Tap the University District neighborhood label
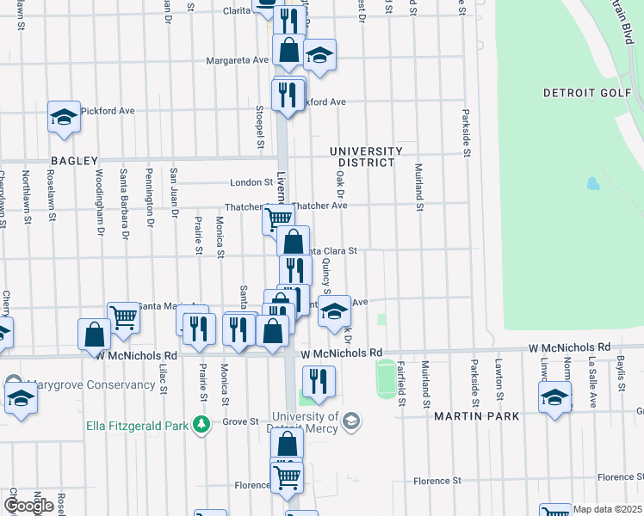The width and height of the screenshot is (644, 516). click(x=366, y=157)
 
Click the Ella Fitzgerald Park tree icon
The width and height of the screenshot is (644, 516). click(x=201, y=424)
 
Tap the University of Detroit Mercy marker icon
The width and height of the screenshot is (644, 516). click(x=350, y=420)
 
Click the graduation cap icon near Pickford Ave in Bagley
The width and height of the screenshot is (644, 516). click(x=64, y=116)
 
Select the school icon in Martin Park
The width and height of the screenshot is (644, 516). click(x=555, y=397)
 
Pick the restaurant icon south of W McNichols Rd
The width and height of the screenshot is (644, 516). click(x=319, y=381)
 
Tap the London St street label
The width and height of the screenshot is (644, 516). click(x=251, y=182)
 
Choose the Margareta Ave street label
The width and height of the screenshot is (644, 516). click(x=238, y=60)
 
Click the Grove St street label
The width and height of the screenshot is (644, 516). click(x=242, y=421)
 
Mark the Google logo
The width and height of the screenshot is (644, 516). click(x=29, y=505)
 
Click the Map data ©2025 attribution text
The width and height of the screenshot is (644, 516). click(x=608, y=509)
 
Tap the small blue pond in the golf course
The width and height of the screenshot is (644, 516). click(x=592, y=183)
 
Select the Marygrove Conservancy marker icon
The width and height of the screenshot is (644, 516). click(x=14, y=383)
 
